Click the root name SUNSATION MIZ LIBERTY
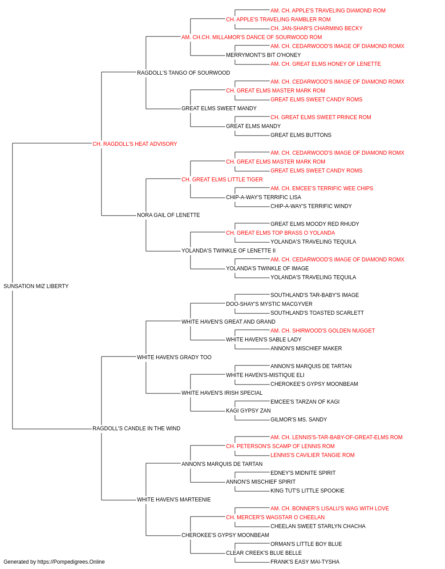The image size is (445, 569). point(36,286)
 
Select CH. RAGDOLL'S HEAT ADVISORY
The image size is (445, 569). point(135,144)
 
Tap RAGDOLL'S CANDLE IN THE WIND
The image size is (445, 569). point(136,428)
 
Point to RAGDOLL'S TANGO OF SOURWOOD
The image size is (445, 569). point(183,72)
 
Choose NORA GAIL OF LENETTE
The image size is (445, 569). point(168,215)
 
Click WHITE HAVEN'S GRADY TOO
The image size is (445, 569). point(174,357)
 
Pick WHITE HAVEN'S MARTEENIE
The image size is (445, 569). point(174,499)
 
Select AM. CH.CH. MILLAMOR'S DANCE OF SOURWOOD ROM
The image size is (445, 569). point(251,37)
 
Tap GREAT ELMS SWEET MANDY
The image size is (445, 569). point(219,108)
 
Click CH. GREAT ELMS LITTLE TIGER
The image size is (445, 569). point(222,179)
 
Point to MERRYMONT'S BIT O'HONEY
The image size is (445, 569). point(263,55)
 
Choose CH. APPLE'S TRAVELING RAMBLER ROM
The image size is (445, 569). point(278,20)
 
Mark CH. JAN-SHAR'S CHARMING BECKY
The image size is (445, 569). point(316,28)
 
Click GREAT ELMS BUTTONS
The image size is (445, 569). point(301,135)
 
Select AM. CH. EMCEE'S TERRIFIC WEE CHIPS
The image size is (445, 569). point(322,188)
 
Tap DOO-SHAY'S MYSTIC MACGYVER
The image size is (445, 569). point(269,304)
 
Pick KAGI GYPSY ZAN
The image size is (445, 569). point(248,410)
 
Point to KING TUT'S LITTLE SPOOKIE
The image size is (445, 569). point(307,490)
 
